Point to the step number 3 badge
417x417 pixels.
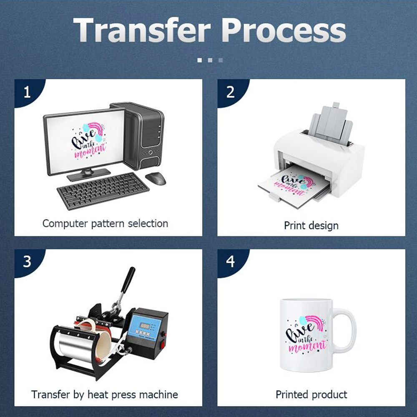click(27, 262)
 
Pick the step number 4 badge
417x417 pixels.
click(230, 262)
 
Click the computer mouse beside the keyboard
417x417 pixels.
click(156, 178)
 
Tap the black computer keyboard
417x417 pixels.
click(103, 191)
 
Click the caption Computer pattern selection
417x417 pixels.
click(105, 224)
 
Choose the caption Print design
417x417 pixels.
click(311, 226)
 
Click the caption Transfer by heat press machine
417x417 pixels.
click(105, 394)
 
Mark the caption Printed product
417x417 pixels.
click(311, 394)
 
